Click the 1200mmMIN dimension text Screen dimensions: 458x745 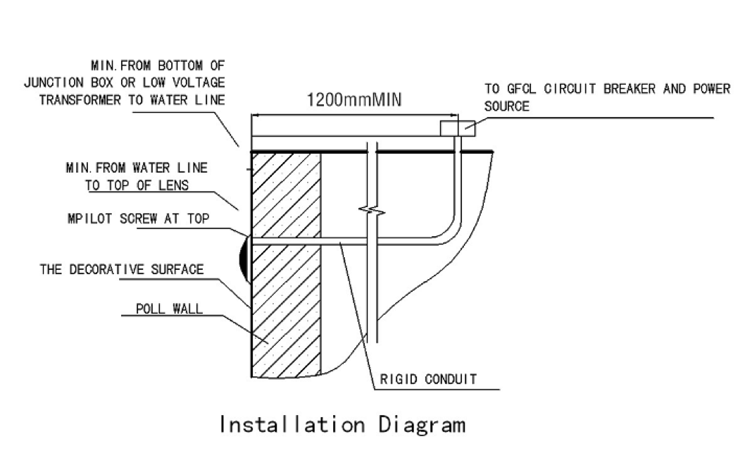[354, 99]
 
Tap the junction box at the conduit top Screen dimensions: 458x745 [458, 129]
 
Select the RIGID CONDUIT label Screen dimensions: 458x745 [428, 379]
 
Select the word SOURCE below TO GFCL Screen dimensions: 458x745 [506, 107]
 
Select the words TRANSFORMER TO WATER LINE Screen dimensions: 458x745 [132, 100]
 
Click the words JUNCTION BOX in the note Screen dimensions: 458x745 [61, 82]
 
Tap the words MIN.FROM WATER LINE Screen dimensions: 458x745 [137, 168]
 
